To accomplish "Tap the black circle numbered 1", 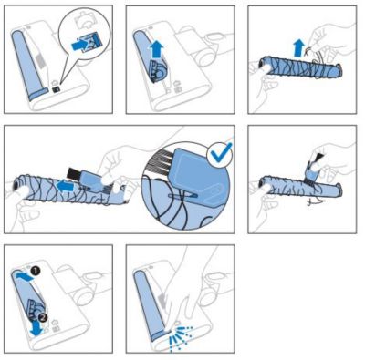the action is pyautogui.click(x=36, y=271).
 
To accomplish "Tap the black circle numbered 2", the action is pyautogui.click(x=43, y=317).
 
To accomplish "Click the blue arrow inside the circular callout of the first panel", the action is pyautogui.click(x=79, y=46).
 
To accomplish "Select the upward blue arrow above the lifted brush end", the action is pyautogui.click(x=157, y=50).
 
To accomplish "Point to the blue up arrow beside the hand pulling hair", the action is pyautogui.click(x=299, y=47).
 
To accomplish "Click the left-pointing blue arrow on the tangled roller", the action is pyautogui.click(x=66, y=186).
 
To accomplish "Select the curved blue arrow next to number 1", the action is pyautogui.click(x=24, y=276).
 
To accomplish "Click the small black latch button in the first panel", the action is pyautogui.click(x=56, y=89).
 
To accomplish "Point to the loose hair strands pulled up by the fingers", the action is pyautogui.click(x=315, y=57).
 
